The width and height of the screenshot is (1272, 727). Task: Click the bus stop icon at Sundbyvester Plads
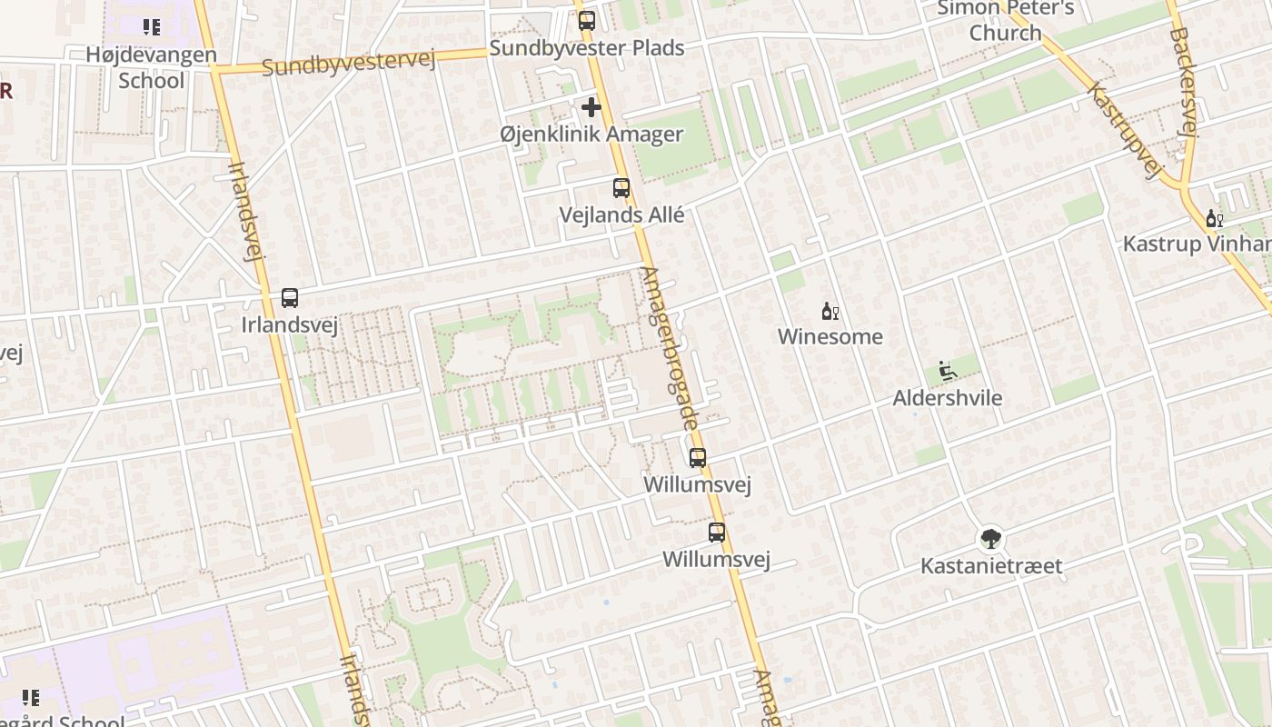pyautogui.click(x=587, y=20)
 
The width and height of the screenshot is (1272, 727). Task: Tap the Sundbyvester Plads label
pyautogui.click(x=586, y=48)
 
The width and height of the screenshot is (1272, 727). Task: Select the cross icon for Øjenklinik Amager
pyautogui.click(x=591, y=107)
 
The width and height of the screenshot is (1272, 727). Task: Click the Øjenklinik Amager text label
pyautogui.click(x=591, y=134)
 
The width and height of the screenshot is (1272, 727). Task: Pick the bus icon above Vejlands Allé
pyautogui.click(x=621, y=188)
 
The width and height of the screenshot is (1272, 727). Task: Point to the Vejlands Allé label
pyautogui.click(x=621, y=215)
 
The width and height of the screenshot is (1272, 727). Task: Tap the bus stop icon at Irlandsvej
pyautogui.click(x=290, y=297)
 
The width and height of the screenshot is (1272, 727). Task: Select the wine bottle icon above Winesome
pyautogui.click(x=830, y=312)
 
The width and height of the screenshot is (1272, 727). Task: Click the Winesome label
pyautogui.click(x=830, y=337)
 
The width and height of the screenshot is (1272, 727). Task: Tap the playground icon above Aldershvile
pyautogui.click(x=947, y=371)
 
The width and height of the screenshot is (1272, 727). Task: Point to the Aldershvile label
pyautogui.click(x=947, y=398)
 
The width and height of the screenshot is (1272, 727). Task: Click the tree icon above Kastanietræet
pyautogui.click(x=990, y=539)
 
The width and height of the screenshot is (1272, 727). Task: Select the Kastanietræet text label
pyautogui.click(x=990, y=566)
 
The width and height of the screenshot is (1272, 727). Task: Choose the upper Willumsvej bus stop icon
pyautogui.click(x=698, y=458)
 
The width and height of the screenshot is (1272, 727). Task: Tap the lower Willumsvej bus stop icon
pyautogui.click(x=717, y=533)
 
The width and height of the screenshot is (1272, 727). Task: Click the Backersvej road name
pyautogui.click(x=1184, y=82)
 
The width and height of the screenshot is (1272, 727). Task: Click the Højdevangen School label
pyautogui.click(x=152, y=67)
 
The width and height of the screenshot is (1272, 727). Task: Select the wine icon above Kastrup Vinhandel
pyautogui.click(x=1214, y=218)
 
